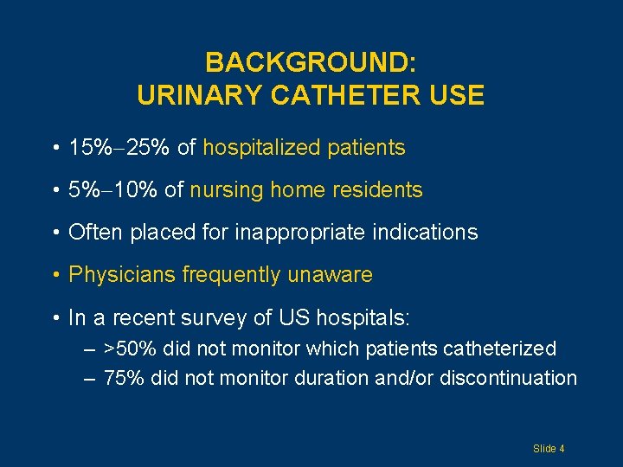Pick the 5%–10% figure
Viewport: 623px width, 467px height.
click(113, 190)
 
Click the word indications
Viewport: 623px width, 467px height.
click(430, 233)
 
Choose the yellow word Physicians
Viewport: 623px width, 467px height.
click(120, 275)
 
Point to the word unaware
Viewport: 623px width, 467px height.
click(331, 275)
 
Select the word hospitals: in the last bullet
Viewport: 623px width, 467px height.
click(363, 317)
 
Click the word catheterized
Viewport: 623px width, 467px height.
click(499, 349)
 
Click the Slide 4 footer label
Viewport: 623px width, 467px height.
click(549, 448)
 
